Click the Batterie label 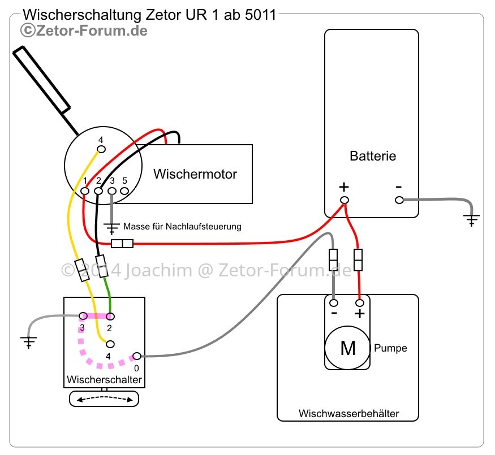373,156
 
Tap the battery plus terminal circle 345,200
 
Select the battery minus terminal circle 399,200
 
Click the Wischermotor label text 195,174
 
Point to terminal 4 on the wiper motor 101,149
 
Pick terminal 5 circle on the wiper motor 124,191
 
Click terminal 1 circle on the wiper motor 85,191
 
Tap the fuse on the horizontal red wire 122,244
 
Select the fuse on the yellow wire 82,270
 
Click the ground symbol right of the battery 472,219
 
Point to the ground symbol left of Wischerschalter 29,341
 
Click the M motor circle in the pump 347,348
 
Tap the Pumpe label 390,348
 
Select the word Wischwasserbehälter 349,413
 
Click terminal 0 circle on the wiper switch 137,356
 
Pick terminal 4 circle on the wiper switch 110,344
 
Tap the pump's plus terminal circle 360,303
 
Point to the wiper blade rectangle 41,80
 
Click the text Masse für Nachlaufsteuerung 182,227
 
